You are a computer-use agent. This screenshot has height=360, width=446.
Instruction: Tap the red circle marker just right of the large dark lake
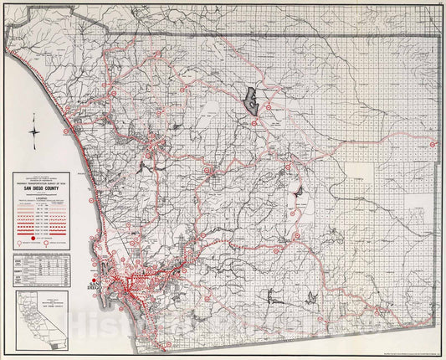[269, 106]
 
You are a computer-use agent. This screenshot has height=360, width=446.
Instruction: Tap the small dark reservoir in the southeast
[310, 297]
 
